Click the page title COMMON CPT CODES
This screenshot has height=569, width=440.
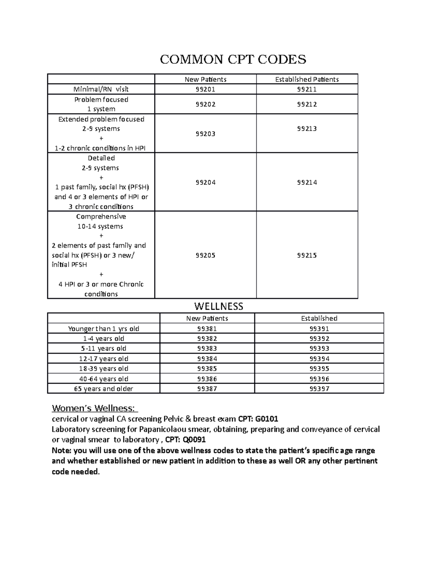click(x=233, y=59)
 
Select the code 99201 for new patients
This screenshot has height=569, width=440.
click(x=205, y=89)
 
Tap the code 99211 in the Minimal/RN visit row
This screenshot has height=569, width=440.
click(x=307, y=89)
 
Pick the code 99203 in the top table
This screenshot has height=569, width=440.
click(x=205, y=134)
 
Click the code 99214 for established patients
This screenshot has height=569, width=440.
click(x=307, y=182)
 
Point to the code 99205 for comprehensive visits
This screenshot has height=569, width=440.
click(x=205, y=255)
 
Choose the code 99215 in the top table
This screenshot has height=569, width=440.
click(x=307, y=255)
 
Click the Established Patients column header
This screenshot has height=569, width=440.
click(x=307, y=80)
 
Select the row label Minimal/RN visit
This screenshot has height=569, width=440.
click(x=101, y=89)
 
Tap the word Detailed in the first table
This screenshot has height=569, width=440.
click(x=101, y=158)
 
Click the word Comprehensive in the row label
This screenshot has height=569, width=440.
click(x=101, y=217)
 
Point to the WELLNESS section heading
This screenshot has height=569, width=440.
click(x=219, y=306)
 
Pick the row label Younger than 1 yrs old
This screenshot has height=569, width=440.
click(x=104, y=329)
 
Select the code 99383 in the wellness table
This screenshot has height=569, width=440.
click(x=207, y=348)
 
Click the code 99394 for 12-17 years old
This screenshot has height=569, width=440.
click(x=319, y=359)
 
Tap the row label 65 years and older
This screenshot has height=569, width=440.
click(x=104, y=389)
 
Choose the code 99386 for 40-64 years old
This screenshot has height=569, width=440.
click(x=207, y=379)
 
